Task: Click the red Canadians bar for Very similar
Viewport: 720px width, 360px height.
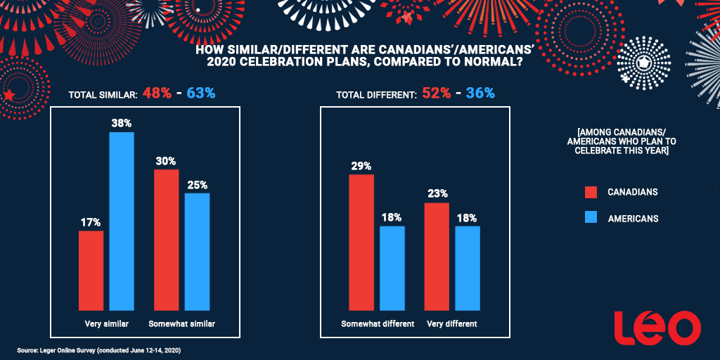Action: coord(91,270)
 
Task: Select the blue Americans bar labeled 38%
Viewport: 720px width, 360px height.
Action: coord(122,221)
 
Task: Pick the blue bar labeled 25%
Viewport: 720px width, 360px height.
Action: coord(197,251)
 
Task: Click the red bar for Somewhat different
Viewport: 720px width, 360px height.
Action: coord(361,242)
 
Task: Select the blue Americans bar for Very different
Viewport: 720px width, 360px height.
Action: coord(468,268)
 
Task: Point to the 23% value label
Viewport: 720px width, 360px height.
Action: coord(437,193)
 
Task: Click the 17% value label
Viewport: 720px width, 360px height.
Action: coord(91,221)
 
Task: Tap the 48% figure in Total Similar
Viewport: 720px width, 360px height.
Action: coord(157,93)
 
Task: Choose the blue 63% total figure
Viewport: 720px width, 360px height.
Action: coord(200,93)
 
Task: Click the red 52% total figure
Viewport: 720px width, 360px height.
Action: coord(437,93)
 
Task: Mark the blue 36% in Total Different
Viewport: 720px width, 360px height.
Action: coord(480,93)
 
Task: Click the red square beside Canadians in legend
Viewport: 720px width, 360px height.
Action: coord(591,192)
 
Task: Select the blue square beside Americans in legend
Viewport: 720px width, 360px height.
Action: coord(591,218)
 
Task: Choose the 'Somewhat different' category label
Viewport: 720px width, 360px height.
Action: coord(378,324)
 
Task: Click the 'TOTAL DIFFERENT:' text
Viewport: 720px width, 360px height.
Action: coord(375,94)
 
